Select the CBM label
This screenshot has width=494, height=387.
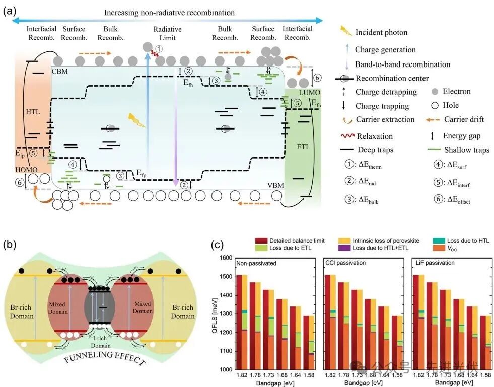pyautogui.click(x=60, y=72)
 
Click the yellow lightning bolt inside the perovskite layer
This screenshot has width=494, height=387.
pyautogui.click(x=136, y=119)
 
